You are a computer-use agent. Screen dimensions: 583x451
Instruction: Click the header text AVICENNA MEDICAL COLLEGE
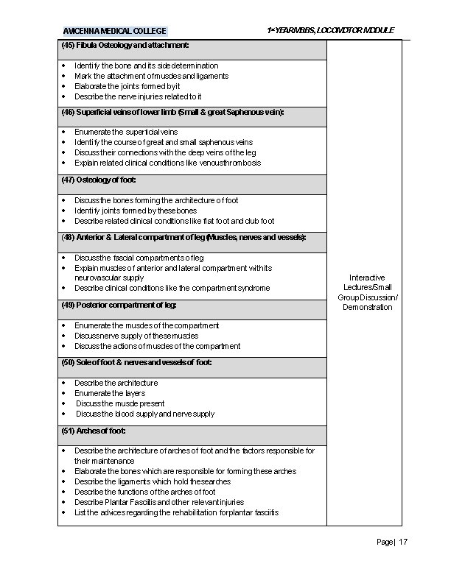tap(114, 31)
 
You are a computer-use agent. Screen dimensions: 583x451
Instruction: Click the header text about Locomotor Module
tap(330, 30)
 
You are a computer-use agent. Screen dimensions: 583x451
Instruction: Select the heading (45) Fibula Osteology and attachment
tap(125, 46)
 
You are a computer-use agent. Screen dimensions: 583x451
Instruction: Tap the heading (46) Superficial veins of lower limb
tap(172, 112)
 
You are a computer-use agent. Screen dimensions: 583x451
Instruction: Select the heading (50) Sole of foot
tap(136, 363)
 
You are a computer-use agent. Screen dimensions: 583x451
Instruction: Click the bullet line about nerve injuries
tap(138, 96)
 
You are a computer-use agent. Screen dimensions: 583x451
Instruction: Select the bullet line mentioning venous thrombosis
tap(167, 163)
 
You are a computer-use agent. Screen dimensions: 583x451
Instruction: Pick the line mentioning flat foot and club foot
tap(174, 221)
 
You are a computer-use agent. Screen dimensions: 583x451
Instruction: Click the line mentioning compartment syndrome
tap(172, 288)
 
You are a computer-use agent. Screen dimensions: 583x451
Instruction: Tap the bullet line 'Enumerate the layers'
tap(110, 393)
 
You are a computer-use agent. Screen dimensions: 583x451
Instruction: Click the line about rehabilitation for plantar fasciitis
tap(176, 512)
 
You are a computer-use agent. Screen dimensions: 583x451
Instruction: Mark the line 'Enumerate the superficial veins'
tap(126, 132)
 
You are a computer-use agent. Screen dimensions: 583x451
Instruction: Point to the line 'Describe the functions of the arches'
tap(144, 492)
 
